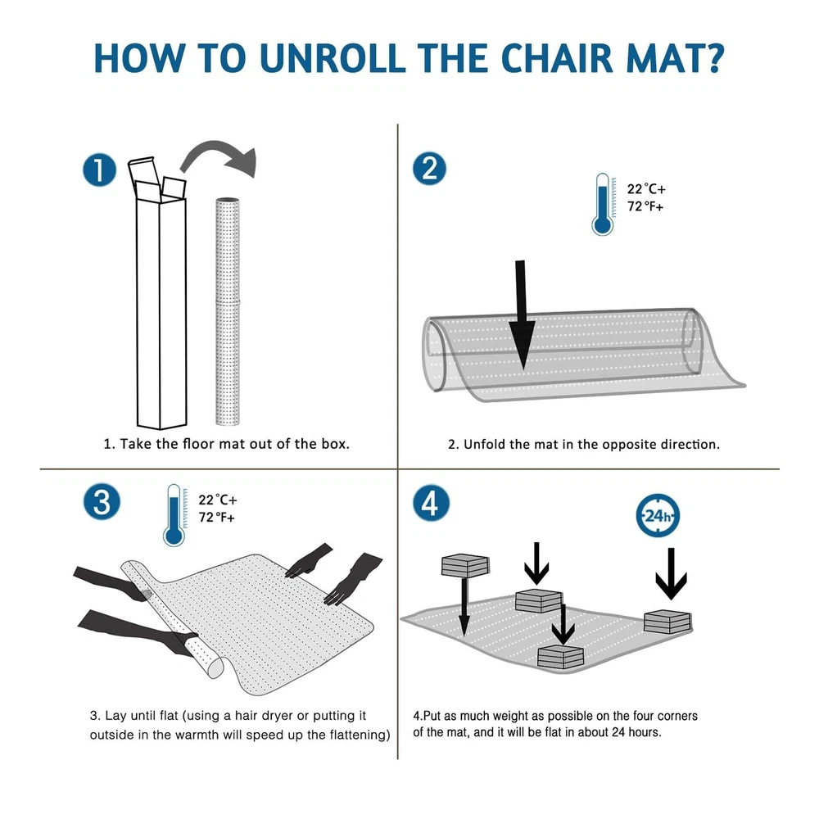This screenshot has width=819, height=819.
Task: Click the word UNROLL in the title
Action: (333, 57)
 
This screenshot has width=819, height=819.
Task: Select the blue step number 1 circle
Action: (99, 170)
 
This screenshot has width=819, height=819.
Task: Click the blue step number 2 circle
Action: (429, 169)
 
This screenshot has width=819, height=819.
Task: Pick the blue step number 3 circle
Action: (102, 502)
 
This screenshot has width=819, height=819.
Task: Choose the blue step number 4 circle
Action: (431, 503)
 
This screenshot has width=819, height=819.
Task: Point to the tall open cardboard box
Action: (160, 292)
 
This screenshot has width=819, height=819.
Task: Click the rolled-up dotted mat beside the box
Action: (228, 311)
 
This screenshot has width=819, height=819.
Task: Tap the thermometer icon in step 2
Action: (603, 204)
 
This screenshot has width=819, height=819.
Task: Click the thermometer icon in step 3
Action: (174, 515)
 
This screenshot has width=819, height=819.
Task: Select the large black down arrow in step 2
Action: (521, 315)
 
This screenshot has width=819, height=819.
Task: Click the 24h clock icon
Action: (658, 515)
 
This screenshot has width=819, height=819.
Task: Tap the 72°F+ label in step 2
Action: (645, 207)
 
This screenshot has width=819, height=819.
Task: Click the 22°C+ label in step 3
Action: (217, 500)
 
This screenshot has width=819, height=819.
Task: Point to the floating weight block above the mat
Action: (465, 566)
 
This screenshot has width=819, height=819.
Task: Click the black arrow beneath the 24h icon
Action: (672, 573)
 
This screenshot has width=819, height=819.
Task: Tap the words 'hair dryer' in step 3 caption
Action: (263, 716)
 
